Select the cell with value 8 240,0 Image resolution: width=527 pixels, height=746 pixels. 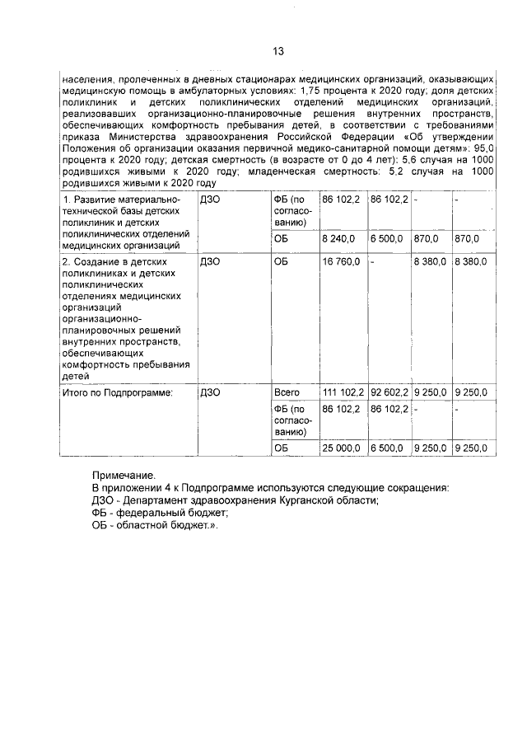(x=338, y=238)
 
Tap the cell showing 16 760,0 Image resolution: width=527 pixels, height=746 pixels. (x=341, y=261)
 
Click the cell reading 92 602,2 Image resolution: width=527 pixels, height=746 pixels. (x=389, y=392)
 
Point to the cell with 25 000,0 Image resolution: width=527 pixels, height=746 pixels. (x=341, y=448)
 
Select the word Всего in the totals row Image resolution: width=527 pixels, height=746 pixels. (x=287, y=392)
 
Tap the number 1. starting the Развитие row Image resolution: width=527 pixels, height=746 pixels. (x=68, y=199)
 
